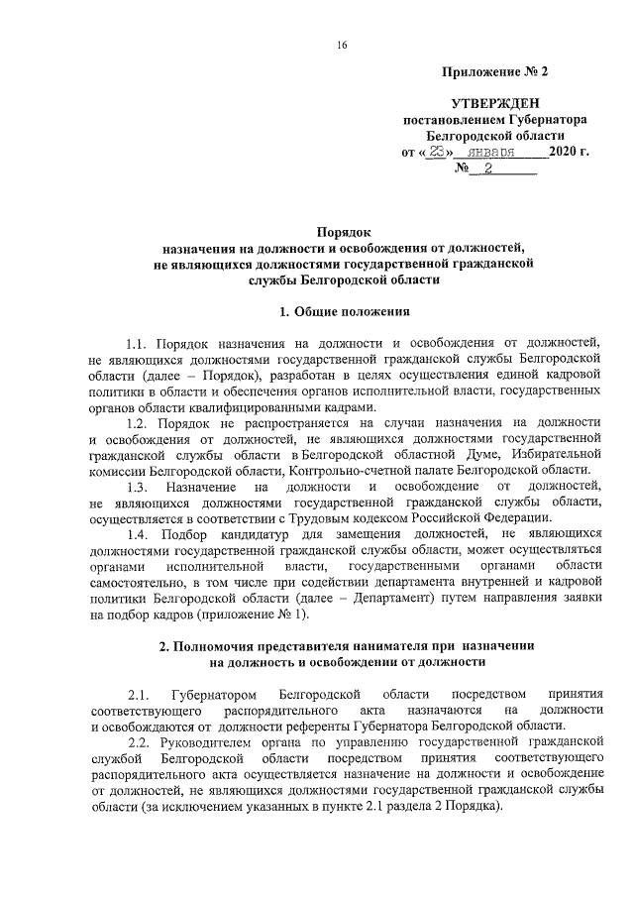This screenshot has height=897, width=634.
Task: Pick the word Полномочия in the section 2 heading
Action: click(x=211, y=646)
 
